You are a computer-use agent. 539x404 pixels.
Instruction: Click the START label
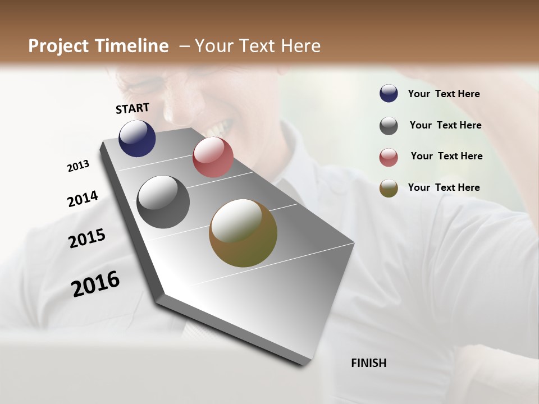click(133, 108)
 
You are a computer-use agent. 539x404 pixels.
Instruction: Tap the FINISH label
click(368, 363)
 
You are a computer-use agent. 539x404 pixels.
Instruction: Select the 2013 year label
click(78, 166)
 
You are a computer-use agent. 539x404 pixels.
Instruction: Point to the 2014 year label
click(83, 199)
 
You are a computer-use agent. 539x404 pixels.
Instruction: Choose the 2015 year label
click(87, 238)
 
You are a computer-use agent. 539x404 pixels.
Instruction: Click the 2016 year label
click(95, 283)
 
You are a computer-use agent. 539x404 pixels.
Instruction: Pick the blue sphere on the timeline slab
click(137, 138)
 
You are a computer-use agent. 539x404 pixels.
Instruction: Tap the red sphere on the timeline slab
click(213, 157)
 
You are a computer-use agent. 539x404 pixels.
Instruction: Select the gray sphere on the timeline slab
click(163, 202)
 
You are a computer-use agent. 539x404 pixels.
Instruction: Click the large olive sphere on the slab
click(243, 233)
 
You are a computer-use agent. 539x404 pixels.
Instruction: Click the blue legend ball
click(389, 94)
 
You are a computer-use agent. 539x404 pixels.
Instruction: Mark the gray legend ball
click(389, 126)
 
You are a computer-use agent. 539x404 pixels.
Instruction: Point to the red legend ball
click(389, 157)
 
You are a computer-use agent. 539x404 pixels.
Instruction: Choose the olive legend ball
click(389, 188)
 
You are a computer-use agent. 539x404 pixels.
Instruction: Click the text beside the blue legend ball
click(444, 94)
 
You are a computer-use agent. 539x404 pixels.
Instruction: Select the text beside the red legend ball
click(446, 156)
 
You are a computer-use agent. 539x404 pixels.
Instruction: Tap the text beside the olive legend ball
click(444, 187)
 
